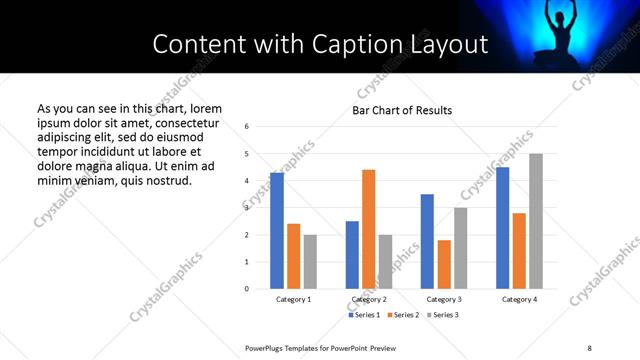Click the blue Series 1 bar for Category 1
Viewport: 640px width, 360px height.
(277, 231)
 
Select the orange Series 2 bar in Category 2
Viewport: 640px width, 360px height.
(368, 229)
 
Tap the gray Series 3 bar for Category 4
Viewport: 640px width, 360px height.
(536, 221)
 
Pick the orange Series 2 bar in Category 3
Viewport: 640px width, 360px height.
(444, 264)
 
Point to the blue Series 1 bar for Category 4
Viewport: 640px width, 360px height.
(502, 228)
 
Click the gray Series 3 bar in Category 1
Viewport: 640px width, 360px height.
(310, 262)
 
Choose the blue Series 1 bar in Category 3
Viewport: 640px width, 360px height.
(427, 241)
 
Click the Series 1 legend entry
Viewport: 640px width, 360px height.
(363, 315)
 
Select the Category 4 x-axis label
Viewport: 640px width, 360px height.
(519, 300)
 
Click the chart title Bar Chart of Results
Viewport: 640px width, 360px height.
(402, 110)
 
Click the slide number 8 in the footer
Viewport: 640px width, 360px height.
(589, 347)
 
